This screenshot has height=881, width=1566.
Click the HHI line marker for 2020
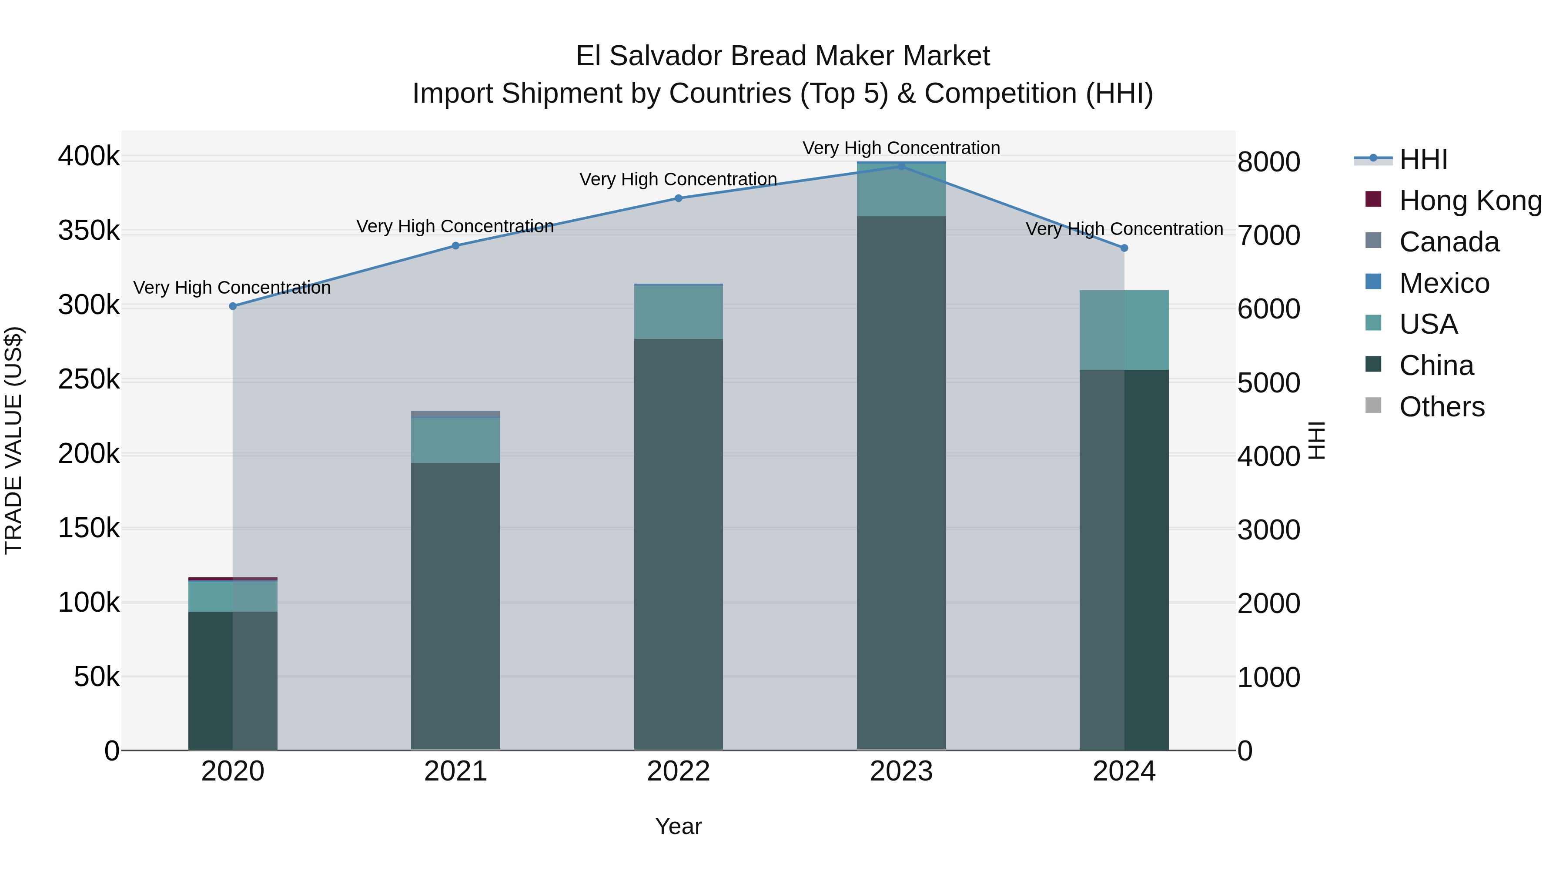click(x=233, y=306)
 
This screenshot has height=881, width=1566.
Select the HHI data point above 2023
click(x=902, y=166)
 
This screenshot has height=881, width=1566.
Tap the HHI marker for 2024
click(x=1124, y=248)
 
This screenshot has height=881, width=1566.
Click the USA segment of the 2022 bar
click(x=679, y=312)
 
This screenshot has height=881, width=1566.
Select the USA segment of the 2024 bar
click(x=1124, y=330)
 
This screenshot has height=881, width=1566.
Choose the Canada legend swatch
click(x=1373, y=241)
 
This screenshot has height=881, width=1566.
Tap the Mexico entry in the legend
click(x=1444, y=283)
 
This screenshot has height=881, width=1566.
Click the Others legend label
click(x=1442, y=407)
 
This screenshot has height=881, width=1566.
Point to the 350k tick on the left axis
click(x=89, y=231)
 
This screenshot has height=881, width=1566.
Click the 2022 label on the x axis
click(x=679, y=771)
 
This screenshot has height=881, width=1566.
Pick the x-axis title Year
click(x=679, y=826)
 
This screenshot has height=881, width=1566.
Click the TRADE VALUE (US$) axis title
click(x=13, y=440)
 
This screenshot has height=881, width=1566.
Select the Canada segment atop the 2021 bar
click(x=455, y=414)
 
